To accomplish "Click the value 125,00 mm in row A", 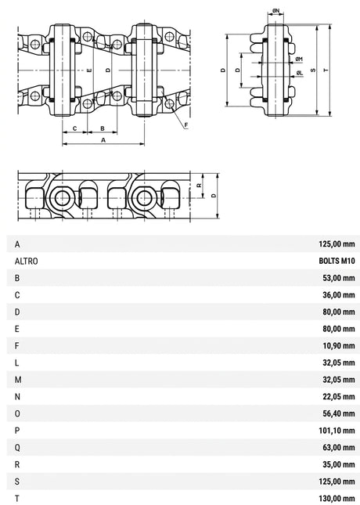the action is pos(337,243).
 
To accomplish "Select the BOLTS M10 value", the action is pos(337,261).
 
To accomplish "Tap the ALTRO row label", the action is pos(26,261).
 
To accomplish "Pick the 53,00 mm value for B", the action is pos(339,278).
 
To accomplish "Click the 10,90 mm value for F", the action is pos(339,345).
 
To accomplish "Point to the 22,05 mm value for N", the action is pos(339,396).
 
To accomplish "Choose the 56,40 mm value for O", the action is pos(339,413).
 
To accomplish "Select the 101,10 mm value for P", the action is pos(337,431).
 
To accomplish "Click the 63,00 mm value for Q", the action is pos(339,447).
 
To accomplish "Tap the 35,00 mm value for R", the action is pos(339,464).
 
